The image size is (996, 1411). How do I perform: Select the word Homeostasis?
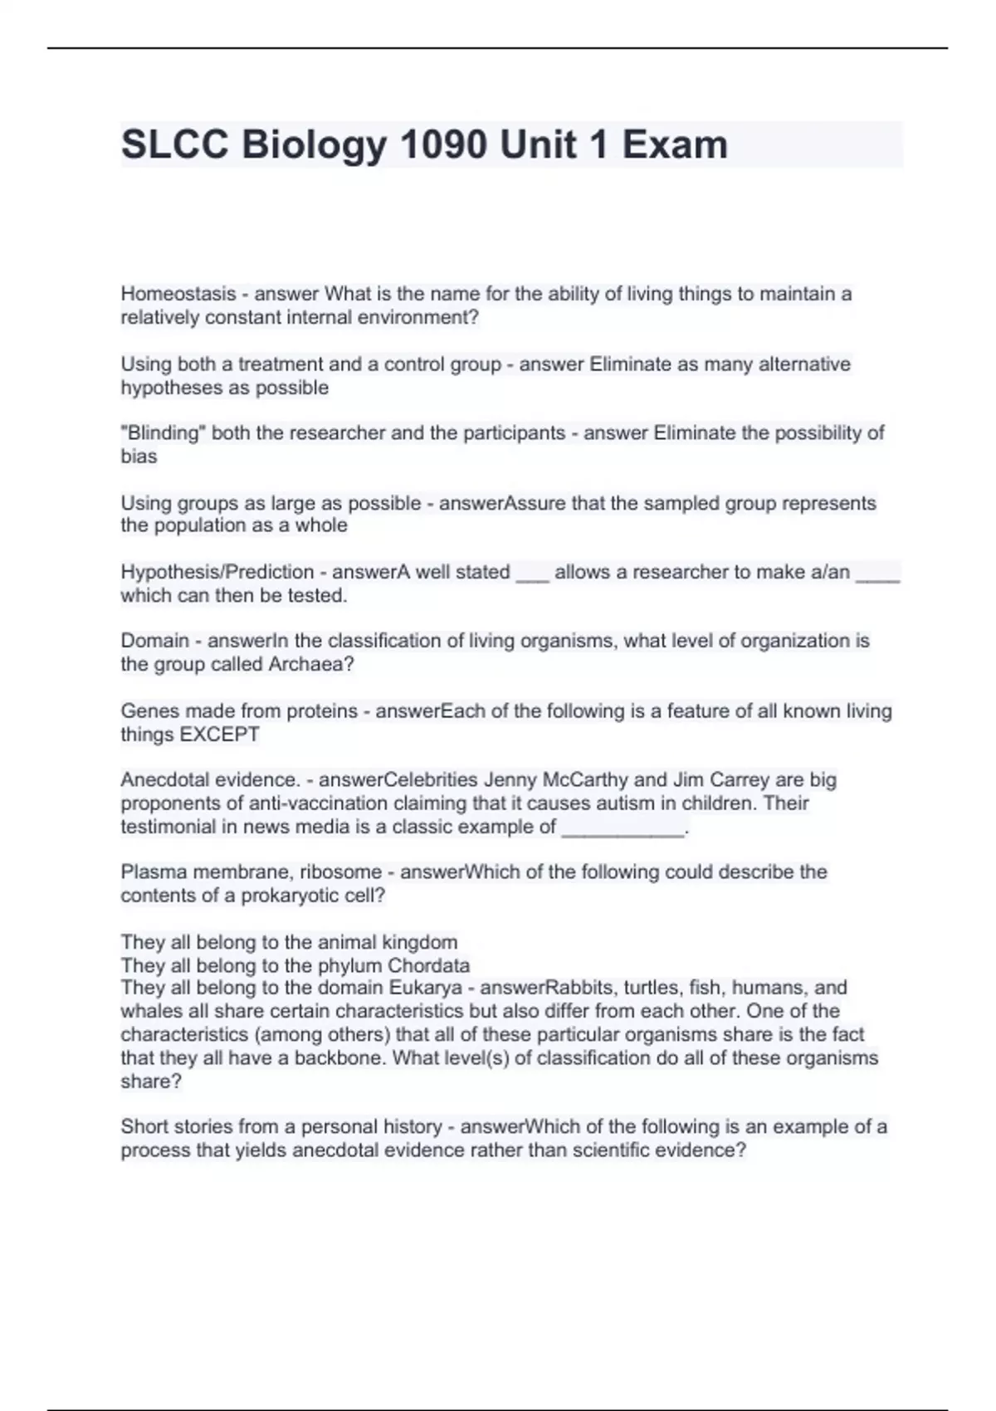[178, 294]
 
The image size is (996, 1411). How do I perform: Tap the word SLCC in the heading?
[174, 144]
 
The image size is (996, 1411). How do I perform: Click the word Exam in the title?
[675, 144]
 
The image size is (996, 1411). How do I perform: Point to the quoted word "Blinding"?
[163, 433]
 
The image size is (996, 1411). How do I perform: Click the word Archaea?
[310, 665]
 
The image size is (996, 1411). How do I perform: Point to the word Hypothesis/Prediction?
[217, 573]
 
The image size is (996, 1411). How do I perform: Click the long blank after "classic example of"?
[623, 828]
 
